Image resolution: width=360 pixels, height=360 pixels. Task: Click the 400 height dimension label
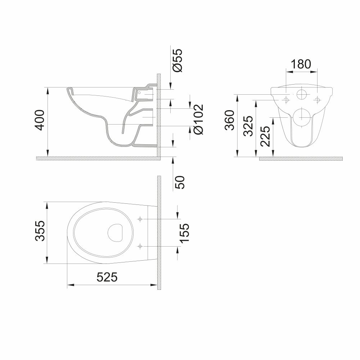pyautogui.click(x=40, y=120)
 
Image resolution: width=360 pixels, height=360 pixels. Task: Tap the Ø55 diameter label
pyautogui.click(x=177, y=60)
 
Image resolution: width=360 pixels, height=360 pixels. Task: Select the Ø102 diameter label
pyautogui.click(x=198, y=120)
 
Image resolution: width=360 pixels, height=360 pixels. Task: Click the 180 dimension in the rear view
pyautogui.click(x=301, y=64)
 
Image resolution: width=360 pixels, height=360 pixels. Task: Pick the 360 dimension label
pyautogui.click(x=230, y=120)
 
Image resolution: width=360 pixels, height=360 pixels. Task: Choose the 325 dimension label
pyautogui.click(x=248, y=126)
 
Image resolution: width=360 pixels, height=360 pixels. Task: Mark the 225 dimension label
pyautogui.click(x=265, y=136)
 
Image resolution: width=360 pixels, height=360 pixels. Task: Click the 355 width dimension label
pyautogui.click(x=40, y=231)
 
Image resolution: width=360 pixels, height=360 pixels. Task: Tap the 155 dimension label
pyautogui.click(x=184, y=233)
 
